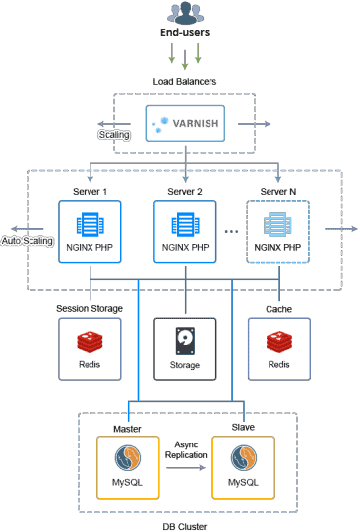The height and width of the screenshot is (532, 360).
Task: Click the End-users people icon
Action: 184,14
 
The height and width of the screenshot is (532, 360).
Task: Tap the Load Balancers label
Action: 184,81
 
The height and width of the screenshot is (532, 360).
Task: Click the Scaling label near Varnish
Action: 115,135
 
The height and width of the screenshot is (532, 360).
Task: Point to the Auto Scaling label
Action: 27,240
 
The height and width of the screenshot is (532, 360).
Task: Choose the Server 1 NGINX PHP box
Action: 90,231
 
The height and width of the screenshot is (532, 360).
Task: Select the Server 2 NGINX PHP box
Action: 185,231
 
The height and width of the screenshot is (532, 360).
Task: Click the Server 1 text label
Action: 90,189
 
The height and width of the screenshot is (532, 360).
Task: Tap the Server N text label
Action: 277,189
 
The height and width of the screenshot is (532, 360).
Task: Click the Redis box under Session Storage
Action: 90,349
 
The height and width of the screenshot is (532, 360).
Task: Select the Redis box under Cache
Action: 278,349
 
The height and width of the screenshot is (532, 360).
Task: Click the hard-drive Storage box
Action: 185,349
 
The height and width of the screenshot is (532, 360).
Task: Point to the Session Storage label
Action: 89,308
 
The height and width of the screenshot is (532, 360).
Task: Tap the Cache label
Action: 278,308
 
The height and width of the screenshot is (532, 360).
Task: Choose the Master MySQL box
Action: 128,469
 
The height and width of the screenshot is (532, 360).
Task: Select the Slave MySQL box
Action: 244,469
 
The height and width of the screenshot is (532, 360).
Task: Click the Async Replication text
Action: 186,449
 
